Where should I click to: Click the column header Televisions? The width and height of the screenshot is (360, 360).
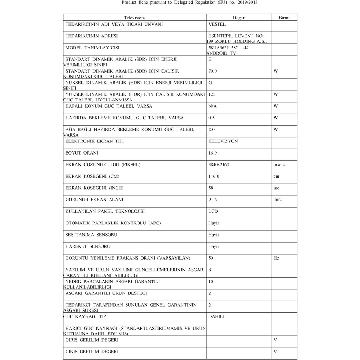[x=134, y=18]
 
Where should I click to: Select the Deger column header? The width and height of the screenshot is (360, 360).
[x=238, y=18]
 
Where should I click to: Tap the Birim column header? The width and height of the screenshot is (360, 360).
[x=284, y=18]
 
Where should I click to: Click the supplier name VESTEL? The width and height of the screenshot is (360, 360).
[x=217, y=25]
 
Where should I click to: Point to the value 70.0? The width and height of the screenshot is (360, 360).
[x=213, y=71]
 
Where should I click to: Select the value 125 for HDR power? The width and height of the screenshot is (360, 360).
[x=212, y=94]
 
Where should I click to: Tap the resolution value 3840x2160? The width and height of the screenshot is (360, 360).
[x=219, y=165]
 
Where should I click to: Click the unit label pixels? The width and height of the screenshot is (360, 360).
[x=279, y=165]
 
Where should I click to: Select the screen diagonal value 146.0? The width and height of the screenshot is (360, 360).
[x=214, y=177]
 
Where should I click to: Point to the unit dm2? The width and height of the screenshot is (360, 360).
[x=278, y=200]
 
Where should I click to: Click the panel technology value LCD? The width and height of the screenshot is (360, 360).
[x=213, y=212]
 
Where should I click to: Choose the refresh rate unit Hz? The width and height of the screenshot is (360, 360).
[x=276, y=258]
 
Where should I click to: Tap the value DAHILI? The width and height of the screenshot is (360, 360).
[x=216, y=317]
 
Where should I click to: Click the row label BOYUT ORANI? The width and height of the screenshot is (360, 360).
[x=82, y=153]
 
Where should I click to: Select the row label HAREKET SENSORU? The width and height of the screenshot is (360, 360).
[x=88, y=246]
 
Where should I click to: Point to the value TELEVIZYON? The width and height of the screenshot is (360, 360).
[x=223, y=141]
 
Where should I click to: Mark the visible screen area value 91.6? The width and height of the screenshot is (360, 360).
[x=213, y=200]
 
